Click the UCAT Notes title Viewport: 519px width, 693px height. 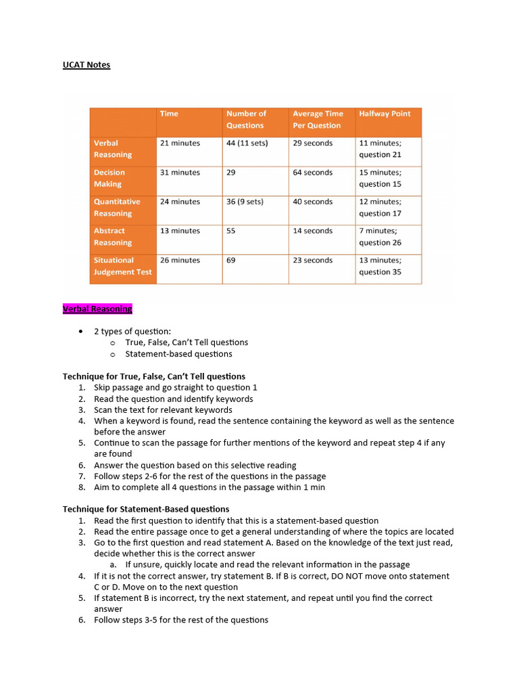tap(86, 65)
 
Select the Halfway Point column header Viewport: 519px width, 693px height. tap(385, 114)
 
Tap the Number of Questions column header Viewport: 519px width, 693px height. tap(246, 120)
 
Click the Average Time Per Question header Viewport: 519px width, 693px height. tap(318, 120)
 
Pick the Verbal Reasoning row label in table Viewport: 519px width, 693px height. tap(113, 149)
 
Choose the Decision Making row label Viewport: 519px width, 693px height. tap(109, 178)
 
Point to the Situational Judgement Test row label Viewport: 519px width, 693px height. tap(122, 266)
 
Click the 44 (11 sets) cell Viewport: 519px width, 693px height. tap(247, 143)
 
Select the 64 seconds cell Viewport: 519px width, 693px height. tap(313, 173)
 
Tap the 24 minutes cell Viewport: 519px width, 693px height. tap(180, 202)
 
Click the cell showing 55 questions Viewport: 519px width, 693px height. tap(231, 231)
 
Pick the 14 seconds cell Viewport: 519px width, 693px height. tap(313, 231)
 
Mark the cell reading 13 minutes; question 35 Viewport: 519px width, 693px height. tap(380, 266)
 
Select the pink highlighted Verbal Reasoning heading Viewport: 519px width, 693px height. tap(97, 309)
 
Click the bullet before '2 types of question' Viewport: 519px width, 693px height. tap(81, 331)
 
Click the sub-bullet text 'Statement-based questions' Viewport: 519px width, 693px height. tap(178, 354)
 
